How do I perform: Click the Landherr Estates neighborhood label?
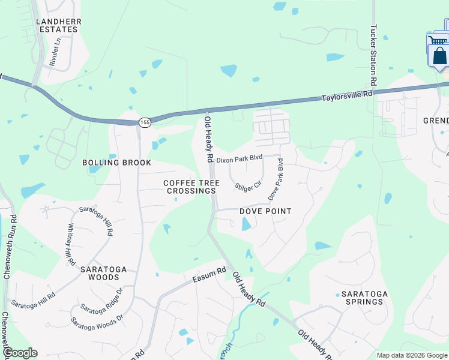click(x=58, y=25)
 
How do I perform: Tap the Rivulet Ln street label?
click(x=55, y=52)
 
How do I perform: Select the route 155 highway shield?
click(x=144, y=122)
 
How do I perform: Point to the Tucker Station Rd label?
click(x=373, y=55)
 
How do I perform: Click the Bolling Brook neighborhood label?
click(x=116, y=163)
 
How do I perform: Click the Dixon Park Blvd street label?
click(x=240, y=160)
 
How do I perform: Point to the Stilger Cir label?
click(x=249, y=186)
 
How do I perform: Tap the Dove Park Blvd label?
click(x=276, y=184)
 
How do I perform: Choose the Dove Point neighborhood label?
click(x=265, y=211)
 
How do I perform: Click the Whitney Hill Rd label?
click(x=71, y=244)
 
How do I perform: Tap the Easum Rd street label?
click(x=209, y=275)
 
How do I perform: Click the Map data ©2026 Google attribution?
click(x=411, y=355)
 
